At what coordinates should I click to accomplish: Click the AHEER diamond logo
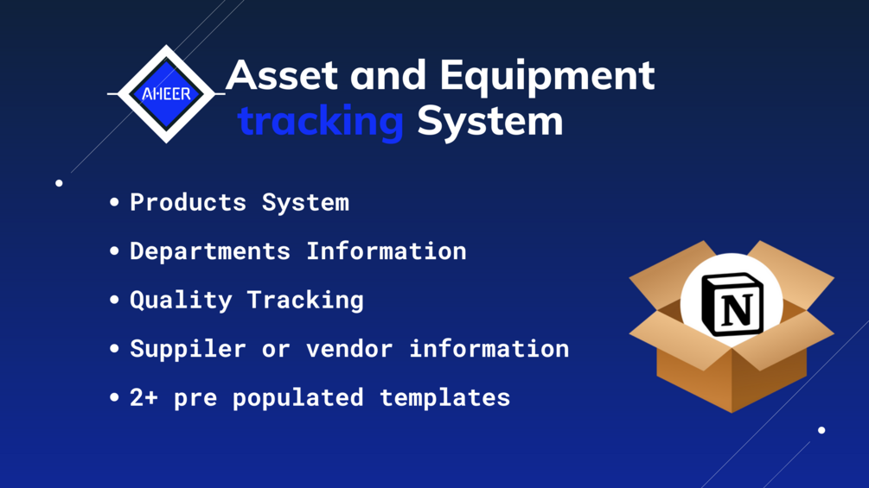[x=166, y=94]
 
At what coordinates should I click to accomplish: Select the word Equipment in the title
[x=547, y=76]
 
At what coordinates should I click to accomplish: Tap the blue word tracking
[x=321, y=121]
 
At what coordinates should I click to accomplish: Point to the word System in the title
[x=490, y=122]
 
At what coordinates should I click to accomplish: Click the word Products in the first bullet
[x=188, y=202]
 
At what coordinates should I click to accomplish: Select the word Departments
[x=210, y=251]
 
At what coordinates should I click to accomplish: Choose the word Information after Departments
[x=387, y=251]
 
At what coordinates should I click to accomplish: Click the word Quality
[x=181, y=301]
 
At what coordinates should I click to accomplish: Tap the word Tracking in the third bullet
[x=305, y=301]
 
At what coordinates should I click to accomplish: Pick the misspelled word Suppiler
[x=188, y=349]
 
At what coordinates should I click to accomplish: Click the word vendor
[x=349, y=349]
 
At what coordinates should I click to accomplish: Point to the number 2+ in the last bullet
[x=144, y=398]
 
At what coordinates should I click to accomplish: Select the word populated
[x=298, y=398]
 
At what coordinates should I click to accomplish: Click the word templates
[x=445, y=398]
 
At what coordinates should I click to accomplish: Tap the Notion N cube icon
[x=732, y=304]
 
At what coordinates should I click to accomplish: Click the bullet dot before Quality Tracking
[x=115, y=300]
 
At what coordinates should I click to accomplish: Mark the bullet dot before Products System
[x=115, y=202]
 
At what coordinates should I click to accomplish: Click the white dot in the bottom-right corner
[x=821, y=430]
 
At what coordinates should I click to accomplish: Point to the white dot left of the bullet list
[x=60, y=183]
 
